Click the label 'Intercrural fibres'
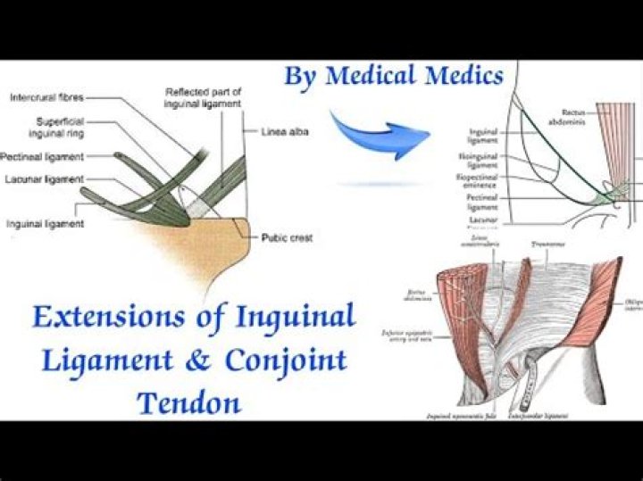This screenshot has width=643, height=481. pos(46,96)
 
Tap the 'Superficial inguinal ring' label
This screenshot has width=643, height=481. pos(60,127)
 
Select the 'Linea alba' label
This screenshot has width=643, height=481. pos(278,131)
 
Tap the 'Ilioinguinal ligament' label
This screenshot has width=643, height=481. pos(483,162)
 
